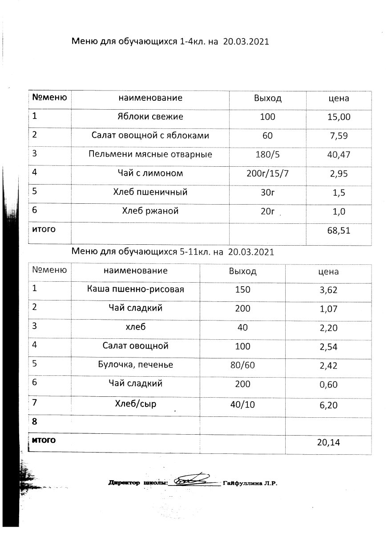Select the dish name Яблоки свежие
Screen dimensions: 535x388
pyautogui.click(x=150, y=117)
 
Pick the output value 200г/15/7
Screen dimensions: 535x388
pyautogui.click(x=267, y=173)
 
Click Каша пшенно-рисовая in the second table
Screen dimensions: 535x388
pyautogui.click(x=136, y=290)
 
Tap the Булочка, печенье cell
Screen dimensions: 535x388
pyautogui.click(x=136, y=365)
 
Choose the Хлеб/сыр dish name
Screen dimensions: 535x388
pyautogui.click(x=136, y=404)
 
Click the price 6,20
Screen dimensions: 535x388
pyautogui.click(x=328, y=405)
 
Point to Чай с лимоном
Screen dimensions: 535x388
pyautogui.click(x=150, y=173)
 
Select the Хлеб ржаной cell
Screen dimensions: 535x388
pyautogui.click(x=150, y=211)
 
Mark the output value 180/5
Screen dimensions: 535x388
pyautogui.click(x=267, y=155)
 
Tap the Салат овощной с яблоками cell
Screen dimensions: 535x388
pyautogui.click(x=150, y=136)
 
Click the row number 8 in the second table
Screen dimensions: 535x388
pyautogui.click(x=34, y=421)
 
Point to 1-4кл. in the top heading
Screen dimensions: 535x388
pyautogui.click(x=192, y=42)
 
